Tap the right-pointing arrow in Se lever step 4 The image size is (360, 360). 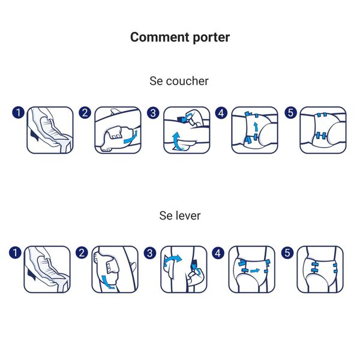point(253,271)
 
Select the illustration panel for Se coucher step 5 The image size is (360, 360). point(323,130)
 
